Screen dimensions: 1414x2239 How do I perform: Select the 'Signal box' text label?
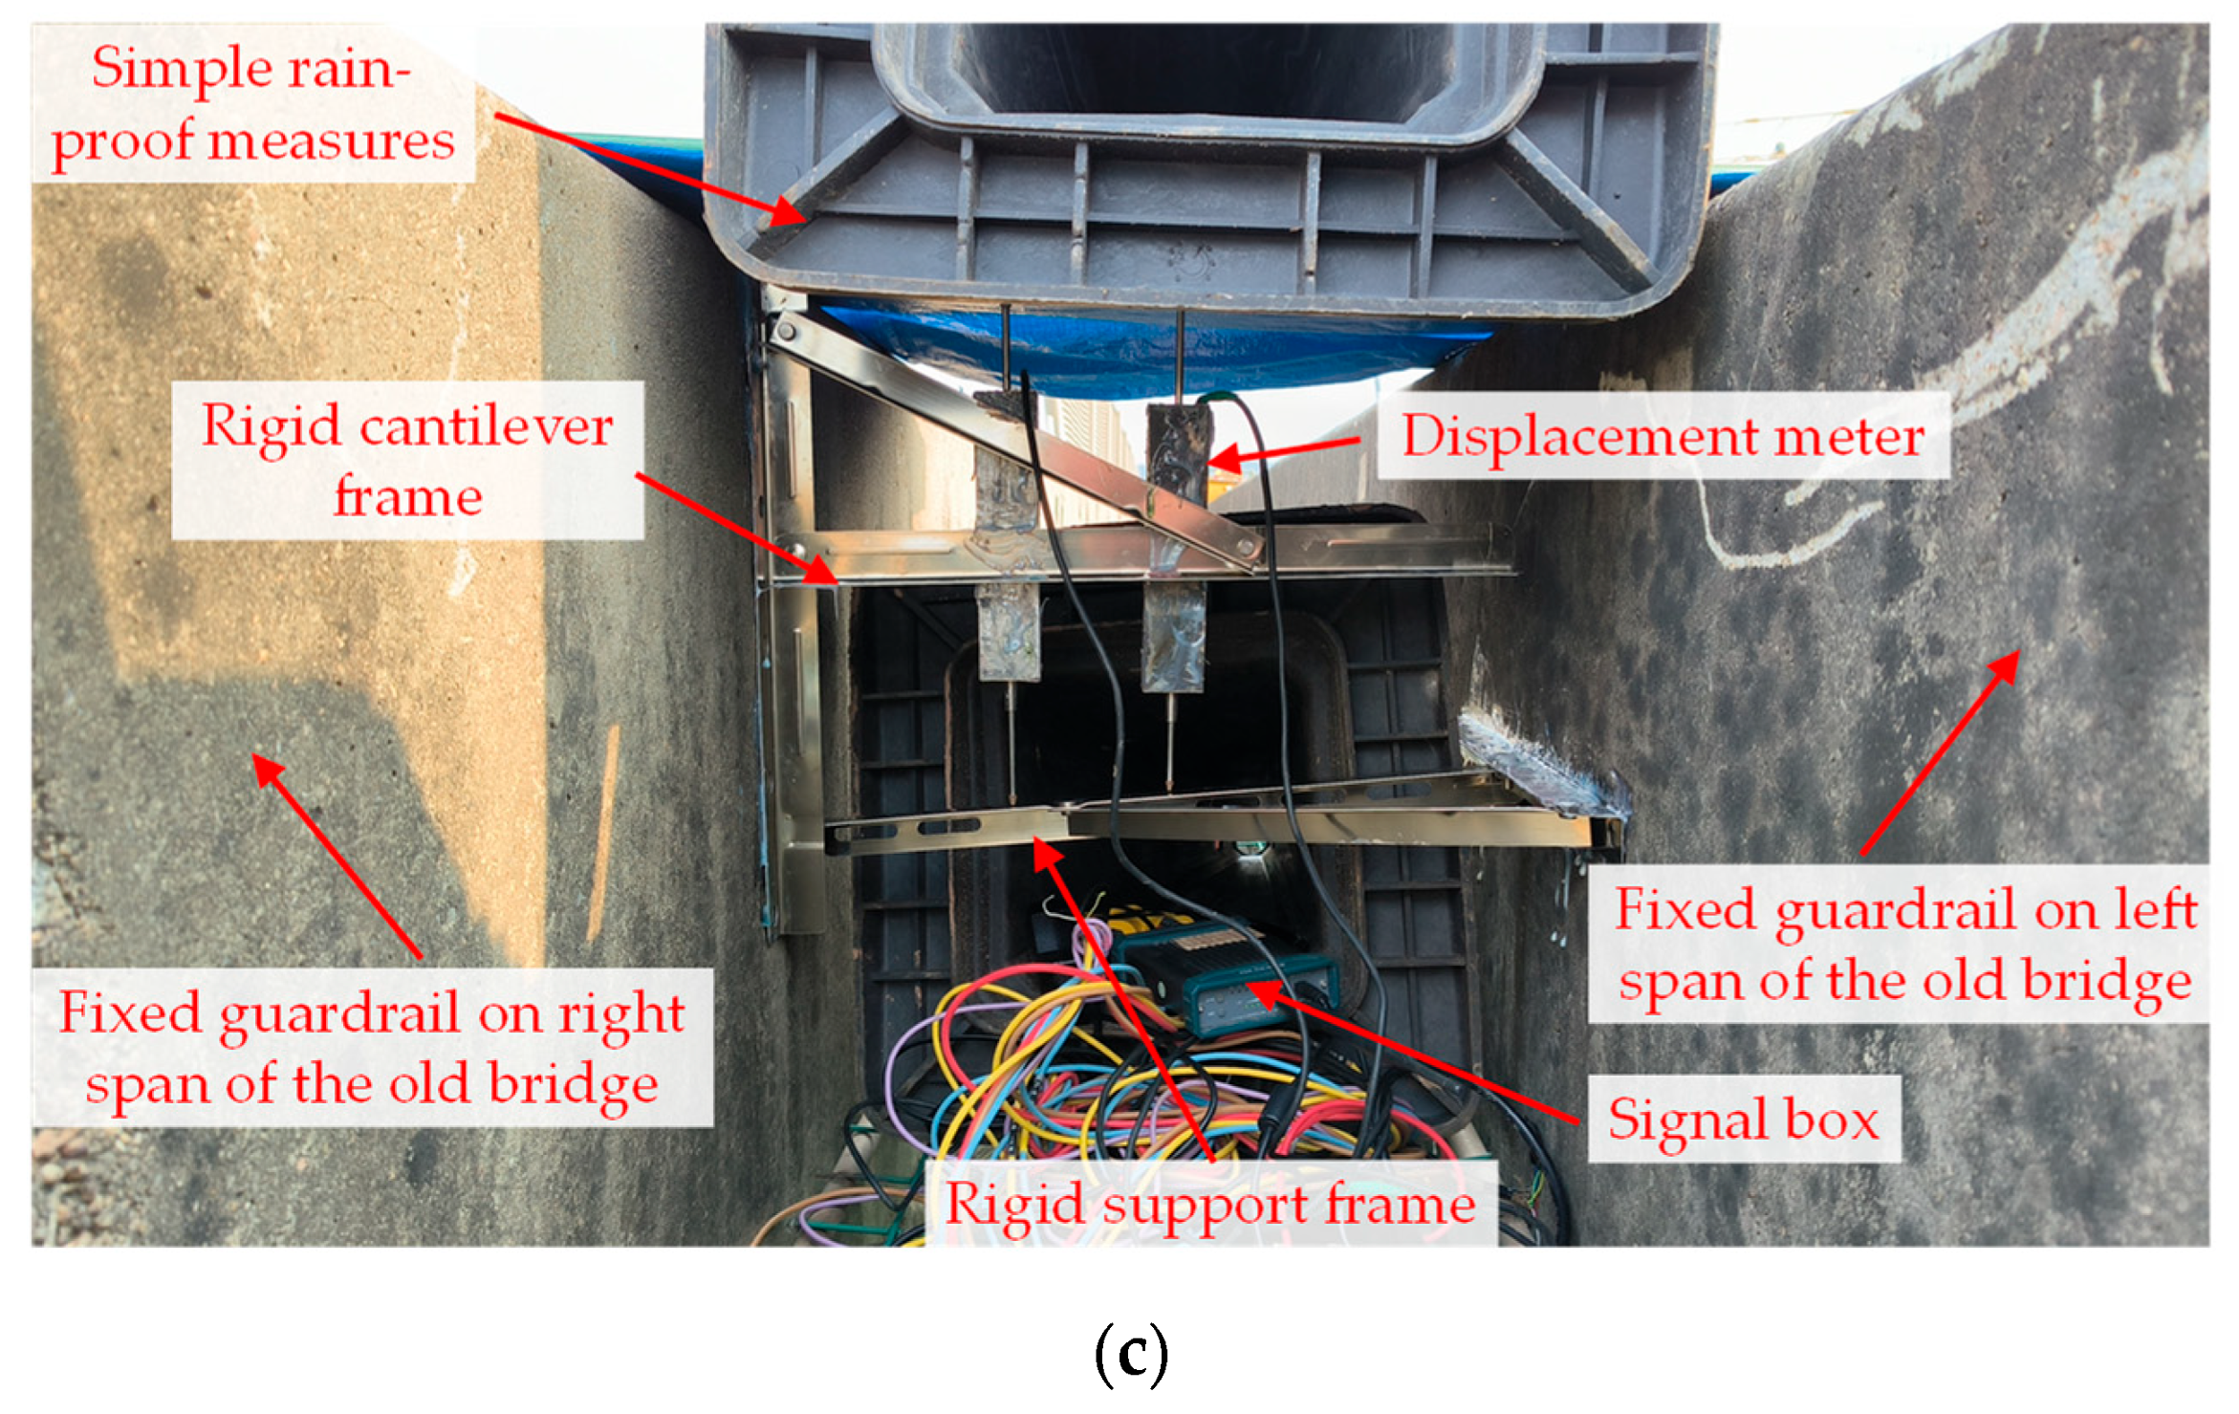[x=1743, y=1119]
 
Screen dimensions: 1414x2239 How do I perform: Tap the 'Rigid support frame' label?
[x=1209, y=1203]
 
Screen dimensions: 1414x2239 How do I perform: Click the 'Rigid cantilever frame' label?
[x=407, y=461]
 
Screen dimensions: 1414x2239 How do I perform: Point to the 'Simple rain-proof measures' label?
[x=252, y=104]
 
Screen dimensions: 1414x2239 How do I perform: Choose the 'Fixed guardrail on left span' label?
[x=1903, y=945]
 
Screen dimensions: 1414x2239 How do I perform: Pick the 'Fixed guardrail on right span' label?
[x=372, y=1048]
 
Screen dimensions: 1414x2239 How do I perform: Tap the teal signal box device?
[x=1233, y=985]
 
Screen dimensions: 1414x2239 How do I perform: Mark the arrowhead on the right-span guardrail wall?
[x=264, y=765]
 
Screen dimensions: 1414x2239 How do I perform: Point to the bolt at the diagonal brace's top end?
[x=786, y=332]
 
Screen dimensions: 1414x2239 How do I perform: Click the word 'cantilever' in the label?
[x=486, y=425]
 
